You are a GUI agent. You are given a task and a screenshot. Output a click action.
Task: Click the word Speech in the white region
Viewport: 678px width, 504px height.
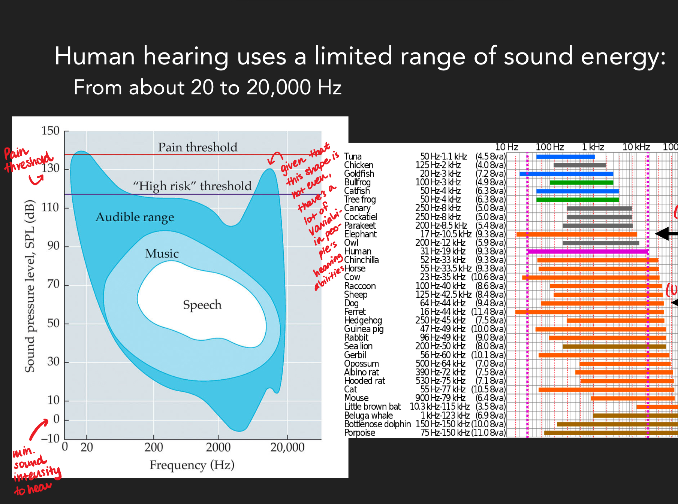[x=202, y=305]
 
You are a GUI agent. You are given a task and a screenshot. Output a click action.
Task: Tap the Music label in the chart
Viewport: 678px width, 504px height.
[x=162, y=253]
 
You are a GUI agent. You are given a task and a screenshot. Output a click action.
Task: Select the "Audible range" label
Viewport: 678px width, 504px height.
[x=135, y=217]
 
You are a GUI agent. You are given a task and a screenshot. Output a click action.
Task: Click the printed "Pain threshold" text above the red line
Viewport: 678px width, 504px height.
[x=198, y=147]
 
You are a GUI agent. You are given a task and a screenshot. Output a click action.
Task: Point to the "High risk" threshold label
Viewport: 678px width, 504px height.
[x=192, y=186]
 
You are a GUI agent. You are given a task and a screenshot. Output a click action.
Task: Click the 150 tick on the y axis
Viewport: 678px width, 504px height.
[x=50, y=131]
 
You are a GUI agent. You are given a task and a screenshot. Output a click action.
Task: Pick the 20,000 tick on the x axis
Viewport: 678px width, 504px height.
[x=287, y=447]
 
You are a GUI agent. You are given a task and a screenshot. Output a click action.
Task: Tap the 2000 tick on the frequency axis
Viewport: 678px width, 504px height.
[x=218, y=447]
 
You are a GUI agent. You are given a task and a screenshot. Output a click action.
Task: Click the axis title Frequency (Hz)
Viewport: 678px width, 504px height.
[x=192, y=465]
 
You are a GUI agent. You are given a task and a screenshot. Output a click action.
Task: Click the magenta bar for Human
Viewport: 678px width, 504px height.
[x=587, y=252]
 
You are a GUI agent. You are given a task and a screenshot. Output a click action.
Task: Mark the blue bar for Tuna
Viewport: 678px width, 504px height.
[x=565, y=157]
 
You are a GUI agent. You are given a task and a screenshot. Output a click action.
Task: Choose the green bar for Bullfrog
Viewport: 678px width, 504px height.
[x=581, y=183]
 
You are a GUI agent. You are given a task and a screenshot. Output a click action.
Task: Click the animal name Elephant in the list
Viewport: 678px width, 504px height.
[x=360, y=234]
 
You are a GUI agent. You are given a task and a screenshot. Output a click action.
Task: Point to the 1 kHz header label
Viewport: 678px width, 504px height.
[x=593, y=147]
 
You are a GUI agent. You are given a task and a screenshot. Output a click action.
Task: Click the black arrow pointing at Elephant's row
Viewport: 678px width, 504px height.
[x=666, y=234]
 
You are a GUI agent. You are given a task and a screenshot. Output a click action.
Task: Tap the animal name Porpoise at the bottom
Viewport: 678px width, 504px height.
[x=359, y=433]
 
